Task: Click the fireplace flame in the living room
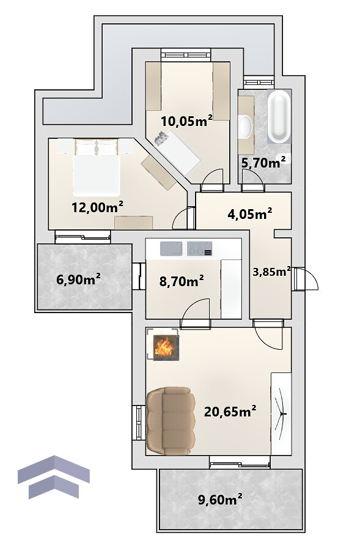[163, 347]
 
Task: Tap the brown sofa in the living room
[171, 421]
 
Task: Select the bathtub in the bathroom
[279, 116]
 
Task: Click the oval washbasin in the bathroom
[244, 127]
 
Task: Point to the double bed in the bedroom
[97, 167]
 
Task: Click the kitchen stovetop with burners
[199, 249]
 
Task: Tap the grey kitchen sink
[171, 249]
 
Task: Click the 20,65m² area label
[230, 411]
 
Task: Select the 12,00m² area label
[97, 207]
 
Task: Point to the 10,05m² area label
[186, 121]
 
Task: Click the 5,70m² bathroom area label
[263, 162]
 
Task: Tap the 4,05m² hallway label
[250, 214]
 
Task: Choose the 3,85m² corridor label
[271, 272]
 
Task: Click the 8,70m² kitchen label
[182, 281]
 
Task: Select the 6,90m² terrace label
[78, 279]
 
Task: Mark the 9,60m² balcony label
[220, 499]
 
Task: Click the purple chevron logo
[54, 477]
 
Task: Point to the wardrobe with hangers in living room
[281, 413]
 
